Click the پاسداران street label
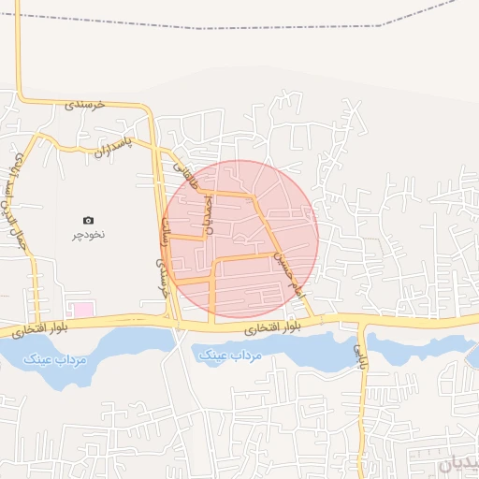click(x=111, y=148)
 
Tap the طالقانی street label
click(x=185, y=177)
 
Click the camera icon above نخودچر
click(x=89, y=221)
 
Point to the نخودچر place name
click(x=89, y=234)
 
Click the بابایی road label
click(x=358, y=352)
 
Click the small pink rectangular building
click(x=83, y=309)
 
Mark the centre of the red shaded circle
click(x=241, y=237)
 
